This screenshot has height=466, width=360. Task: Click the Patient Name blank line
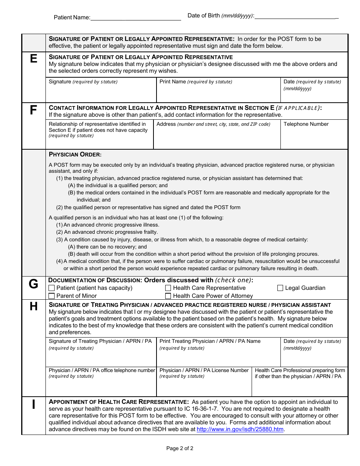(136, 18)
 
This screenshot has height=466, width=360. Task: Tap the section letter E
(34, 59)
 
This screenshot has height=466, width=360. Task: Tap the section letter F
(34, 110)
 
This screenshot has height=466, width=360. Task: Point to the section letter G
(34, 284)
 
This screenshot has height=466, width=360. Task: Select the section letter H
(34, 306)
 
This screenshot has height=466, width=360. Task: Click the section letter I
(34, 404)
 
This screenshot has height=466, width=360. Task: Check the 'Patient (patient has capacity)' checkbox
(52, 288)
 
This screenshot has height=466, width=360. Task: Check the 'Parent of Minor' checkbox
(52, 296)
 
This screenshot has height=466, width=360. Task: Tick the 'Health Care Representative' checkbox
(168, 288)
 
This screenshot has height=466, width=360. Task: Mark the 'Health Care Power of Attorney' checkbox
(168, 296)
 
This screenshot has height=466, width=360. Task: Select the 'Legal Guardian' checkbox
(280, 288)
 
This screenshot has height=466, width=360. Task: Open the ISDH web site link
(240, 429)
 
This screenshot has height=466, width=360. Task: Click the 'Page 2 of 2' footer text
(180, 449)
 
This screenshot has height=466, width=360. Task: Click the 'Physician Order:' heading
(75, 155)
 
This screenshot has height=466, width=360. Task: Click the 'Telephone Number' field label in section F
(306, 124)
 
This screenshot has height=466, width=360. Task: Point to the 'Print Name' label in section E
(173, 82)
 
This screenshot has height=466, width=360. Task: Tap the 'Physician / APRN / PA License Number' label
(204, 371)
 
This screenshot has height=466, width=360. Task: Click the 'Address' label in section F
(166, 124)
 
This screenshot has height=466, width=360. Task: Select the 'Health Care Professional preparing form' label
(300, 371)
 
